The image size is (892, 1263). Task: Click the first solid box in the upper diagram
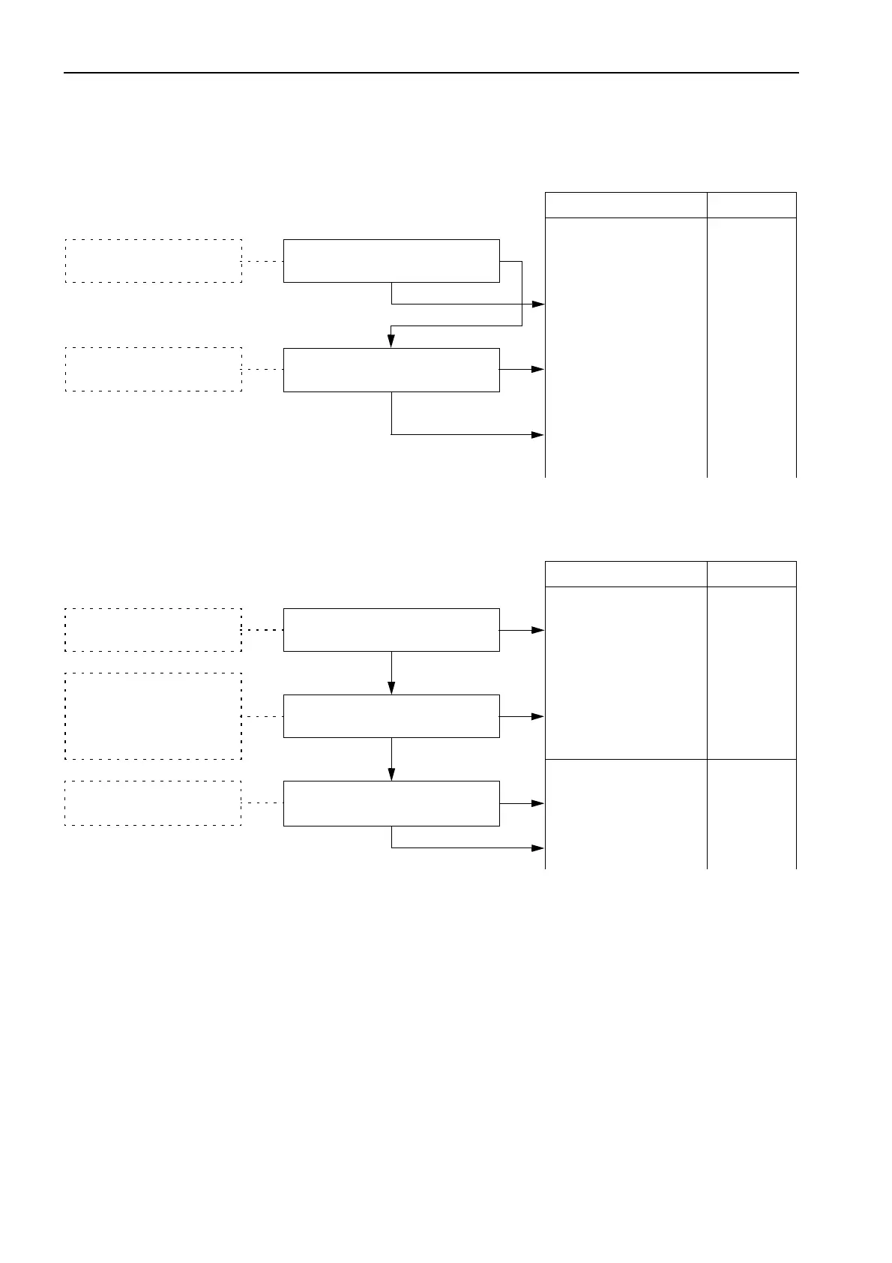click(391, 261)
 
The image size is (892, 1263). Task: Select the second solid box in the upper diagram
click(391, 370)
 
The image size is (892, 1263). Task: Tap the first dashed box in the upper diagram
click(154, 261)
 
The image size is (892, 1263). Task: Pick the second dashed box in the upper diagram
click(154, 369)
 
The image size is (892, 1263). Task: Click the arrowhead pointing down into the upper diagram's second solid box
click(391, 341)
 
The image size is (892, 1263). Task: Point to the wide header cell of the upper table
click(626, 205)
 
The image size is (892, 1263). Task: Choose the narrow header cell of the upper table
click(751, 205)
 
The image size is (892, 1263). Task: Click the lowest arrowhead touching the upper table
click(538, 434)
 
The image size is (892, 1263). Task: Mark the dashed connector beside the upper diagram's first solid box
click(262, 261)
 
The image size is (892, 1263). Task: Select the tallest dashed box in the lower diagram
click(154, 716)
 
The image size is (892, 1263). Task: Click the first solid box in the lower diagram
click(391, 630)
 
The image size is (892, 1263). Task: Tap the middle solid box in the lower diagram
click(391, 716)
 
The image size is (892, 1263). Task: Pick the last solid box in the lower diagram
click(391, 803)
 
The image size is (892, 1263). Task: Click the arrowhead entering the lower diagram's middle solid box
click(391, 688)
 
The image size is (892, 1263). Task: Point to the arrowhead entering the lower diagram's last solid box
click(391, 774)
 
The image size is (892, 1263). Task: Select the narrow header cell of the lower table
click(751, 574)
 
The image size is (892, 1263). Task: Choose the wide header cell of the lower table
click(626, 574)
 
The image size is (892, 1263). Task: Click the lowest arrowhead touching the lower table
click(538, 847)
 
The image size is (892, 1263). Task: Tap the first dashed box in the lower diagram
click(154, 630)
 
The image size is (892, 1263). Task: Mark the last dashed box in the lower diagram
click(154, 803)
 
